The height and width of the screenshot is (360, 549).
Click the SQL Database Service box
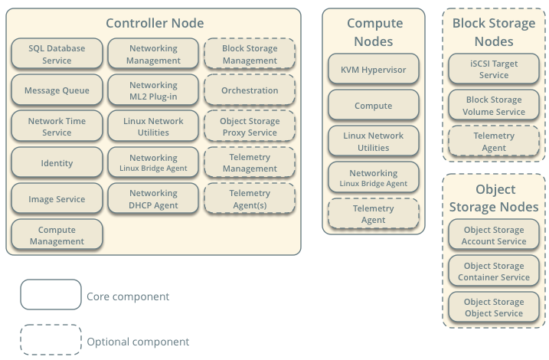(x=57, y=54)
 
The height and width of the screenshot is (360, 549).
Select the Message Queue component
(x=57, y=90)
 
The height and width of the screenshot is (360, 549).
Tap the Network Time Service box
(x=57, y=126)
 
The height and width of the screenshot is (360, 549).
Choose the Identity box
(x=57, y=162)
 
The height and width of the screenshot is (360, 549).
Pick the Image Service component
(x=57, y=198)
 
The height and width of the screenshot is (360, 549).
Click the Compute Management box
(x=57, y=235)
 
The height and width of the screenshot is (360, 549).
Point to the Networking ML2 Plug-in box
(x=153, y=90)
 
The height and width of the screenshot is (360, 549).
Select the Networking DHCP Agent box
(x=153, y=198)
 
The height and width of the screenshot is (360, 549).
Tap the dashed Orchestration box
(x=250, y=90)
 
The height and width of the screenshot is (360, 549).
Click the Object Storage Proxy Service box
(x=250, y=126)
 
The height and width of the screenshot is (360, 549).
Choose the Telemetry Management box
(x=250, y=162)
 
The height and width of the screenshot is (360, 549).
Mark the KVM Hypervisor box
(x=374, y=70)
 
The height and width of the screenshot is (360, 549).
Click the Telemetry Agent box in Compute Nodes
(x=374, y=214)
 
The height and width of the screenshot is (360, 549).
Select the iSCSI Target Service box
(x=494, y=69)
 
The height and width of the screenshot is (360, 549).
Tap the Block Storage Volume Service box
(x=494, y=105)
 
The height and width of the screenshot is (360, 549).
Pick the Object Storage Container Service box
(x=494, y=271)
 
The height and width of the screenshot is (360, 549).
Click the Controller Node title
(x=155, y=24)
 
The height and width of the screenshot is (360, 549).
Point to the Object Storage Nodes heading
(x=494, y=198)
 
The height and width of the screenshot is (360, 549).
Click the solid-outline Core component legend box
(x=51, y=295)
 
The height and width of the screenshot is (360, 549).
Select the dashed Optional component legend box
(x=51, y=340)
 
